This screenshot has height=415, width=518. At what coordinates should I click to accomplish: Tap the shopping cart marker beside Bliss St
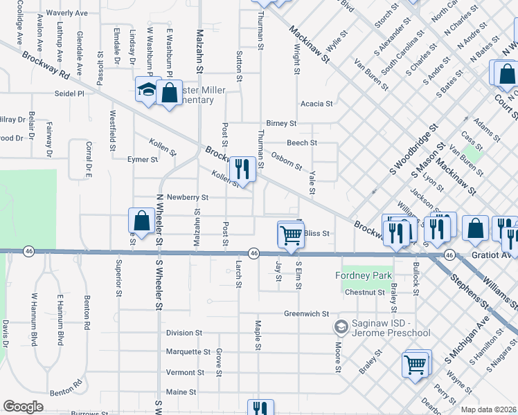pos(291,235)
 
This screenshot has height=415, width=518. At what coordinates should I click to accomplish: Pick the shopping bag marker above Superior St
pos(141,221)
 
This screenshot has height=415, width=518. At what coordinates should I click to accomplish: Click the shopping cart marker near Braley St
pos(415,364)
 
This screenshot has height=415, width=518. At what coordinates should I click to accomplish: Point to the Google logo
pos(23,407)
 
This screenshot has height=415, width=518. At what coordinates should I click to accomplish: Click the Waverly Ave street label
pos(66,13)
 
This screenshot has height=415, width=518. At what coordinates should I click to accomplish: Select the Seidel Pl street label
pos(70,93)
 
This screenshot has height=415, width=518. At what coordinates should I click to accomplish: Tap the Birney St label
pos(281,124)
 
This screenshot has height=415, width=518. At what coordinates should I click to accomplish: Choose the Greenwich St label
pos(306,313)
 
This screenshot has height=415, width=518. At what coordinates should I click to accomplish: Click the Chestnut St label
pos(365,293)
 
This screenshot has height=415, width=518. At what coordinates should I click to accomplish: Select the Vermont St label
pos(185,372)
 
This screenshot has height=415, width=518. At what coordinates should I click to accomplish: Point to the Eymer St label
pos(143,160)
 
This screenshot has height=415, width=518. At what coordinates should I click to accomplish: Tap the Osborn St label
pos(286,160)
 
